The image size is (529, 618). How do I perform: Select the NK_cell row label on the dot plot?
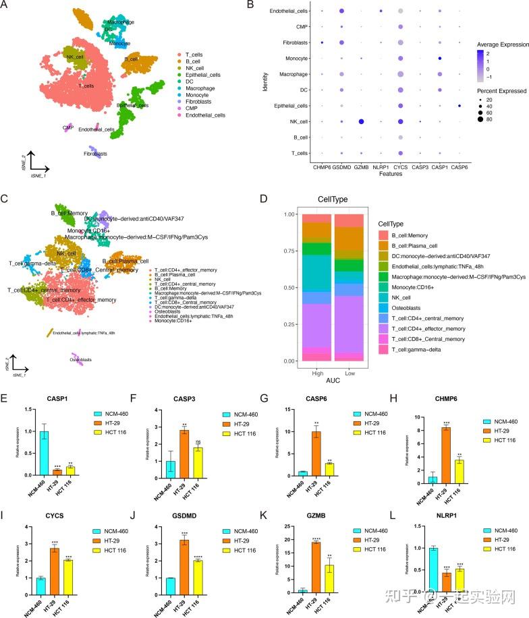click(x=291, y=121)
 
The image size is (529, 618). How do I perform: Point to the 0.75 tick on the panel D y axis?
click(x=289, y=251)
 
